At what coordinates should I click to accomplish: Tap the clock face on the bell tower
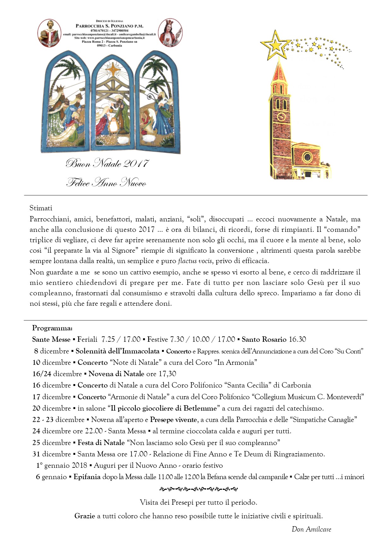pos(281,117)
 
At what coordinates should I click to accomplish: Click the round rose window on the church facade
pos(307,157)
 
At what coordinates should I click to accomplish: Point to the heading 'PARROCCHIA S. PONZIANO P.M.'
pos(109,26)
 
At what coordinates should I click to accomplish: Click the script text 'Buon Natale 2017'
pos(107,163)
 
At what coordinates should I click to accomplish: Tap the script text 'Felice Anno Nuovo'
pos(106,183)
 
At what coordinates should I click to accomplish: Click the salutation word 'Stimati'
pos(41,208)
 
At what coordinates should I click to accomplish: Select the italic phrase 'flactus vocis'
pos(195,261)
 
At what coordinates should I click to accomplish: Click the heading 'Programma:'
pos(52,328)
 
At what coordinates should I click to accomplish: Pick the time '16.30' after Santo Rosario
pos(297,340)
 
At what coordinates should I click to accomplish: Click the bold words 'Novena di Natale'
pos(116,374)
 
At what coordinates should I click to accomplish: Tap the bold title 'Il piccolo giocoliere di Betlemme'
pos(164,408)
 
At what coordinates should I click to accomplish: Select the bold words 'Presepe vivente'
pos(173,420)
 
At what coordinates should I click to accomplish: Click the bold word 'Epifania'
pos(87,477)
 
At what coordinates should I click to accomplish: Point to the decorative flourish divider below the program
pos(199,489)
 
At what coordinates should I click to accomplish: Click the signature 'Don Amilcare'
pos(311,529)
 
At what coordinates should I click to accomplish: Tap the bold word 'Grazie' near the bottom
pos(85,516)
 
